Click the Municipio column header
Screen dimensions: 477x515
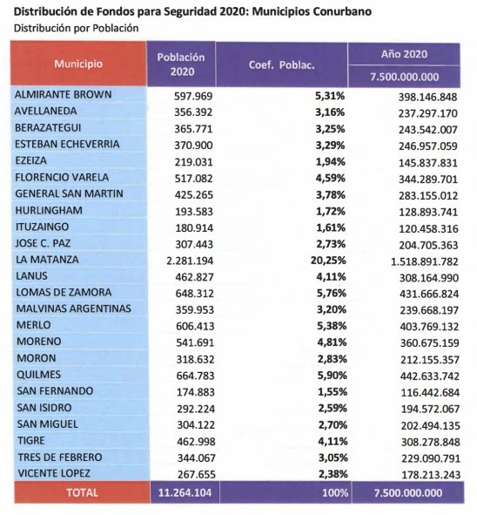(78, 64)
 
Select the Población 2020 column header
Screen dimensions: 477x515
(181, 64)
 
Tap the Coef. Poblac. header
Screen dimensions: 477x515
(281, 65)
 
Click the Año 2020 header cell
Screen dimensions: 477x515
(404, 54)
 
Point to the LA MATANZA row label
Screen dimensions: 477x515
(47, 260)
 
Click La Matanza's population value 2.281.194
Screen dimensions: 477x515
(190, 261)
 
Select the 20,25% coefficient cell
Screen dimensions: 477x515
(328, 261)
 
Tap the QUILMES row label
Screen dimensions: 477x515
(38, 375)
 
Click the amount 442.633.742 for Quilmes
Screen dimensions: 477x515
(430, 376)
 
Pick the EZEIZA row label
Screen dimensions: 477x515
(30, 160)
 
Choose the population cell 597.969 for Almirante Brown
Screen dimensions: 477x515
(193, 96)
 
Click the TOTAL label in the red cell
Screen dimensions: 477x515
(82, 492)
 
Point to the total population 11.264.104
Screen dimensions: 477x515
(185, 492)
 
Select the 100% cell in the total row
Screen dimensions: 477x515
(334, 492)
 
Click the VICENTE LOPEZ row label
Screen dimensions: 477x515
(54, 474)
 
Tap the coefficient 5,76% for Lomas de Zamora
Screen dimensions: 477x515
(332, 294)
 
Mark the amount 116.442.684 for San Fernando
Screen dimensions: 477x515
(430, 392)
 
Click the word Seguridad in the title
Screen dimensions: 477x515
(191, 12)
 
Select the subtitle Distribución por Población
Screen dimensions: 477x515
(76, 28)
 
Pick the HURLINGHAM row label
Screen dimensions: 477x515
(49, 210)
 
